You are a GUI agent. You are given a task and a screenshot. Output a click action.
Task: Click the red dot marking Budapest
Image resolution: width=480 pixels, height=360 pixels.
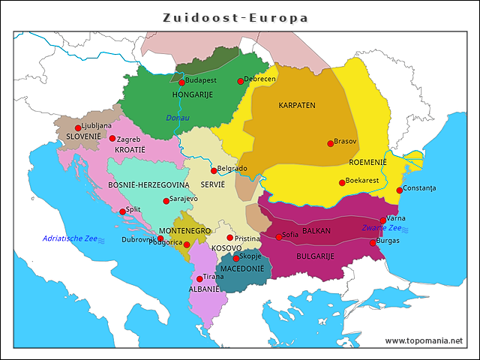tap(181, 82)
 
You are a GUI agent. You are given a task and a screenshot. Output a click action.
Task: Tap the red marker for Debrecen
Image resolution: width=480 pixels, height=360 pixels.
tap(241, 81)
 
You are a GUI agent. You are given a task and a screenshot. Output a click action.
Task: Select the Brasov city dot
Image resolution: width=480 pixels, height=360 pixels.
tap(330, 143)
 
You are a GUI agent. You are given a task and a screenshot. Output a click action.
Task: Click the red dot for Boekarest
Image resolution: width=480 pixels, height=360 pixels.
tap(342, 182)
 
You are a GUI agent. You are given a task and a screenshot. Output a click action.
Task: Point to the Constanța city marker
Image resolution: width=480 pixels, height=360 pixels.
tap(399, 190)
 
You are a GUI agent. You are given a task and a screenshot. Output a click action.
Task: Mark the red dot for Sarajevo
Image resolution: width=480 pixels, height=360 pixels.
tap(166, 201)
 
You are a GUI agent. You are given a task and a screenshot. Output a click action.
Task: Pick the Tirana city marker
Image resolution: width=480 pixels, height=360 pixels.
tap(199, 279)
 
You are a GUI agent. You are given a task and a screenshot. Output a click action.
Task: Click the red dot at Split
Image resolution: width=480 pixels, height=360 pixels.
tap(122, 211)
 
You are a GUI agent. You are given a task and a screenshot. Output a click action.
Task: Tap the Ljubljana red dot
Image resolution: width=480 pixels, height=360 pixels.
tap(78, 128)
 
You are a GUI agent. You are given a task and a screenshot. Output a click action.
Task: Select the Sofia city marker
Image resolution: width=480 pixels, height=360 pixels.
tap(279, 237)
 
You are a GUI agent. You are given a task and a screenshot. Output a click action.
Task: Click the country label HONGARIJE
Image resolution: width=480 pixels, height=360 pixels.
tap(193, 94)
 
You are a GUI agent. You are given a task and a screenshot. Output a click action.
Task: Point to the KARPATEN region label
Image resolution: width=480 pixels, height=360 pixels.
tap(297, 105)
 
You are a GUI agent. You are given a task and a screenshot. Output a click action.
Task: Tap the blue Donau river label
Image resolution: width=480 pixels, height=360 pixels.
tap(178, 118)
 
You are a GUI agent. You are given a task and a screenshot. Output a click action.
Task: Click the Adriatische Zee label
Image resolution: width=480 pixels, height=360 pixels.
tap(70, 238)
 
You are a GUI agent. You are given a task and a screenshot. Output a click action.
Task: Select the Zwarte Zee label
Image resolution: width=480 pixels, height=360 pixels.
tap(381, 228)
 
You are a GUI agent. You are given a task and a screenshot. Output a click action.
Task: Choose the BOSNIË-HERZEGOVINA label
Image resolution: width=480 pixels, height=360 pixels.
tap(148, 184)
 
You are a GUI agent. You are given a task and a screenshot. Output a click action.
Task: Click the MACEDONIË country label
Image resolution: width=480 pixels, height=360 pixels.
tap(241, 268)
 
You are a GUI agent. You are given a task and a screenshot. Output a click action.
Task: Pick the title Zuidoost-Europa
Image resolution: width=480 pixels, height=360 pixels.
tap(235, 16)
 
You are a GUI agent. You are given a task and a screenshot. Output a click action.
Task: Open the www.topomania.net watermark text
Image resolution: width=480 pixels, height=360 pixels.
tap(424, 340)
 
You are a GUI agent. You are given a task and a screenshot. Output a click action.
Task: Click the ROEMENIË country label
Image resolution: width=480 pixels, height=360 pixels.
tap(367, 162)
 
